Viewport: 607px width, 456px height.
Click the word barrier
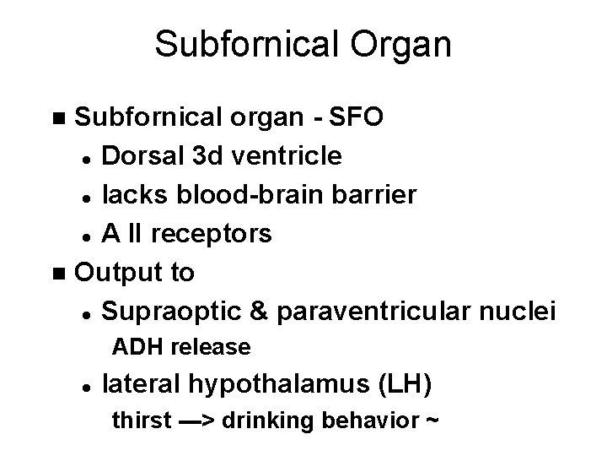[x=375, y=194]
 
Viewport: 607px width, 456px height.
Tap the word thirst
[x=141, y=421]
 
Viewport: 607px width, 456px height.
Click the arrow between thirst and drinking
[x=199, y=421]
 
